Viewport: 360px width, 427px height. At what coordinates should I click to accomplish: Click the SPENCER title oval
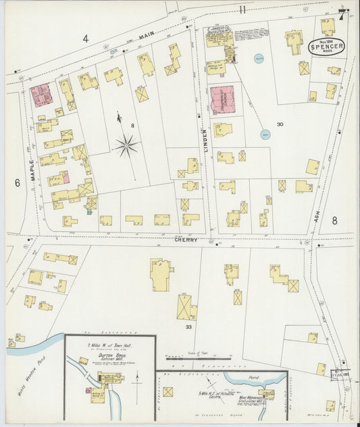point(327,47)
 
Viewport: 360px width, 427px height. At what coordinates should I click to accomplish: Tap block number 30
point(280,124)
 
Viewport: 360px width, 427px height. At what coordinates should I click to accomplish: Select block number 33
point(189,327)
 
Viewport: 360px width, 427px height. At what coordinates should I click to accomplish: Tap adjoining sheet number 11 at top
point(242,9)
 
